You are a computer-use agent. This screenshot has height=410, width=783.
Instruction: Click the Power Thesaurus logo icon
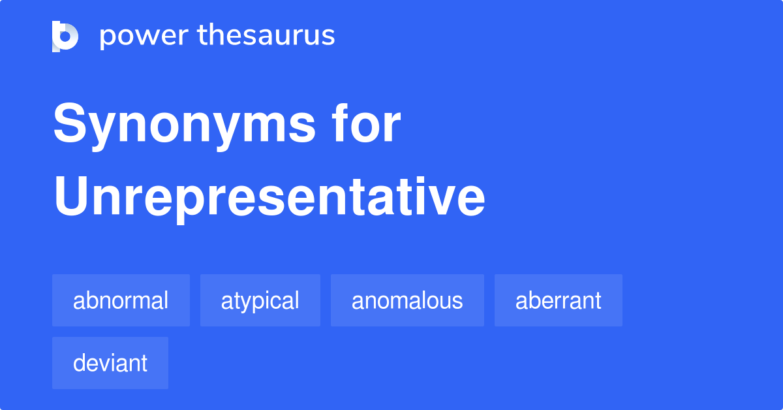(x=65, y=36)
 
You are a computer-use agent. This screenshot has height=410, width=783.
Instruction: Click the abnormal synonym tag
(x=121, y=300)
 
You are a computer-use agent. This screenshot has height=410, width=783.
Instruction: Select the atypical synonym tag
(x=260, y=300)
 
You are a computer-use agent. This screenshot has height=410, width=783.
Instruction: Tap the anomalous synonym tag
(x=407, y=300)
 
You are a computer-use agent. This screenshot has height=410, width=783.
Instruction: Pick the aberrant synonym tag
(x=558, y=300)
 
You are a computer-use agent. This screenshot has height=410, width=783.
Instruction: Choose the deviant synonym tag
(x=110, y=363)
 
